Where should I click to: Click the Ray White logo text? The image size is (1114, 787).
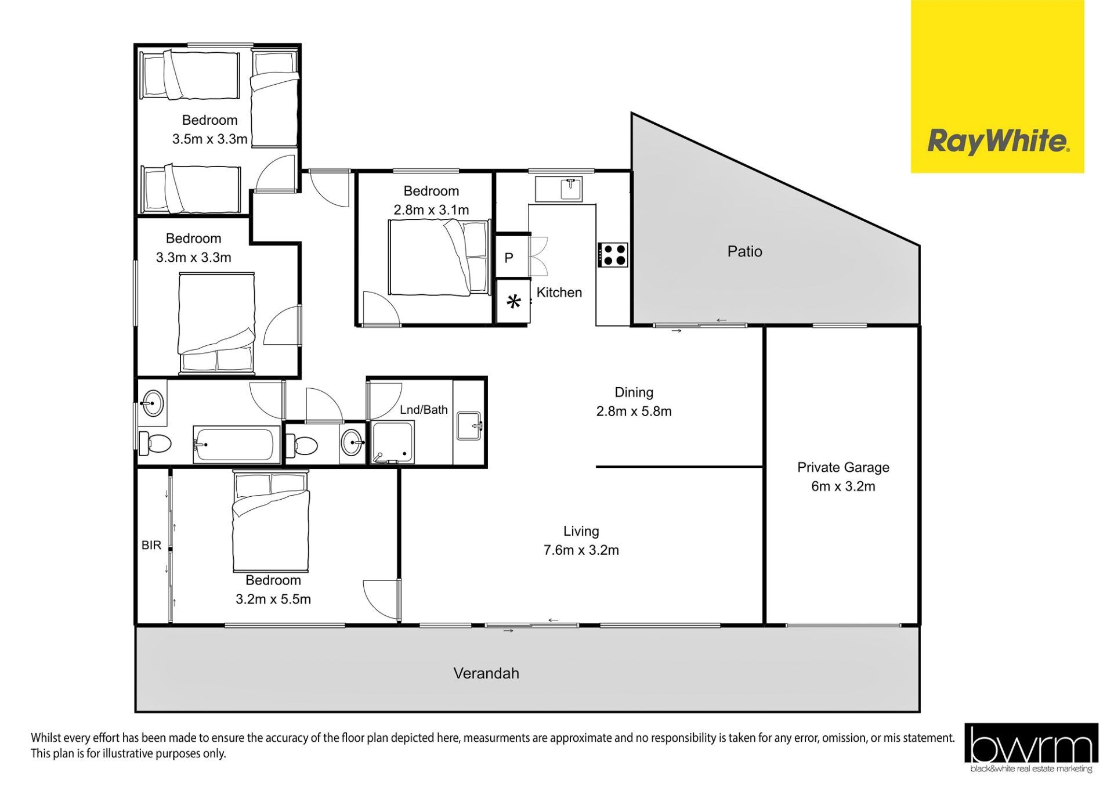pos(998,141)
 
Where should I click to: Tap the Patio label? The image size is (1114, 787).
pos(744,251)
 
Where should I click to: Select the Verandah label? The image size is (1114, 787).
pos(486,673)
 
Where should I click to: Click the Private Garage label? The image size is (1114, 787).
pos(843,467)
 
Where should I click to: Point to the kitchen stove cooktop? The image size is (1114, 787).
pos(613,255)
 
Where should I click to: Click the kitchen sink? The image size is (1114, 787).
pos(558,189)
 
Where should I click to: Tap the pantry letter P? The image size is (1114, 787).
pos(509,258)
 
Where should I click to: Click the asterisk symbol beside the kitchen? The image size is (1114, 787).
pos(513,302)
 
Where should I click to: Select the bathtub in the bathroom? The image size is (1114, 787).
pos(233,445)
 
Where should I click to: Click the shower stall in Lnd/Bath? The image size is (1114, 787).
pos(393,442)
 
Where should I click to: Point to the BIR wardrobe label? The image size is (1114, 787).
pos(151,546)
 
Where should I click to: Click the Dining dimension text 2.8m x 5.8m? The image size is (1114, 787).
pos(634,411)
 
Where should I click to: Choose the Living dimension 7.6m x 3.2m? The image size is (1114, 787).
pos(581,550)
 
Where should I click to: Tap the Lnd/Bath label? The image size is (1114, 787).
pos(424,410)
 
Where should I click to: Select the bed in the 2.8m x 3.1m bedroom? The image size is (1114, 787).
pos(439,258)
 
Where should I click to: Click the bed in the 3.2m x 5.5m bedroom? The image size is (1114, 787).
pos(270,521)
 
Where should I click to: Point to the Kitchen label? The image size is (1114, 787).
pos(559,293)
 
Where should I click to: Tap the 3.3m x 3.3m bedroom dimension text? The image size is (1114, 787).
pos(193,257)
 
